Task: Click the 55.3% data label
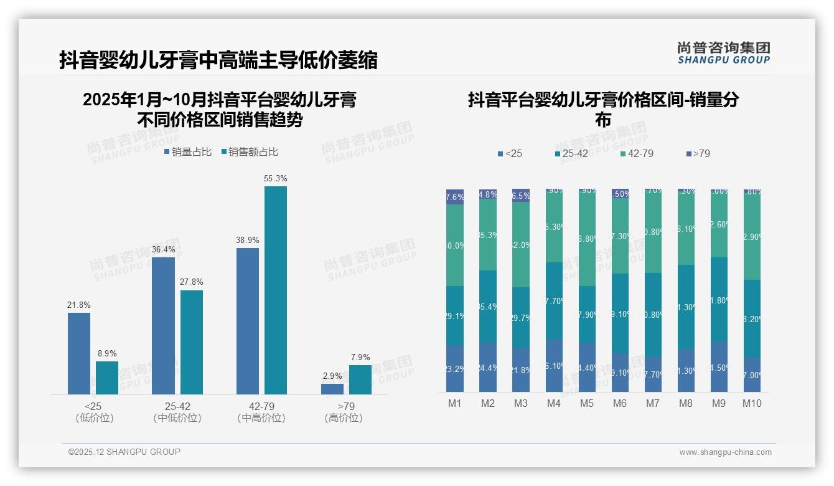(276, 179)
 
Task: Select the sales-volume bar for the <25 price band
(79, 353)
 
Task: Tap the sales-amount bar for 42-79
(276, 290)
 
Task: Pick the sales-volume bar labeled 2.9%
(332, 389)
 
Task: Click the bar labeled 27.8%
(192, 342)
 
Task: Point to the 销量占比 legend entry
(188, 152)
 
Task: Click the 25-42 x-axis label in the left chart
(177, 406)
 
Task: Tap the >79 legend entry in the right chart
(698, 153)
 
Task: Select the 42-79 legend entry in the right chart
(637, 153)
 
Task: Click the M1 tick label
(455, 403)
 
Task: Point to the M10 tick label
(752, 403)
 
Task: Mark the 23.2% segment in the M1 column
(455, 369)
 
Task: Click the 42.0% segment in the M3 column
(521, 245)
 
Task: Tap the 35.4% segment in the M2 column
(488, 306)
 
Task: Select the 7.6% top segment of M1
(455, 197)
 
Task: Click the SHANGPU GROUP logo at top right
(723, 53)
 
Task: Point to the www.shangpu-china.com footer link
(725, 452)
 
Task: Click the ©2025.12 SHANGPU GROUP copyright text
(124, 452)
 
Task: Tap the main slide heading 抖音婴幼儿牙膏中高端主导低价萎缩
(218, 60)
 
